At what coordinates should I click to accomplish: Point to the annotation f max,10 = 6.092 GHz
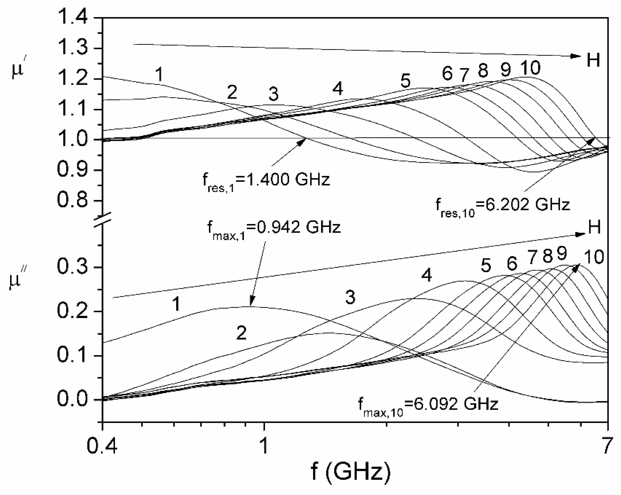(428, 405)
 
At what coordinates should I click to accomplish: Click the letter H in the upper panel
(593, 60)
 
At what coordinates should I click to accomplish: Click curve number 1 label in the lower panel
(176, 304)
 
